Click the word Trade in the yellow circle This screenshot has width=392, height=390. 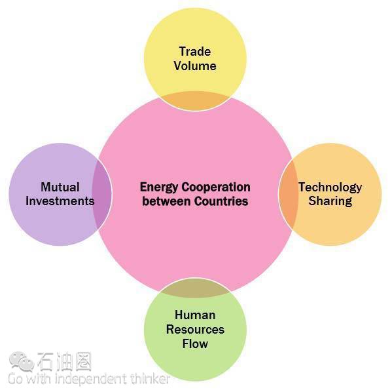195,52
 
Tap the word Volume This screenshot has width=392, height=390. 195,66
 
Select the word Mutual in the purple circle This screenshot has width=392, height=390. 60,187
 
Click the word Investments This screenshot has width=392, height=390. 60,201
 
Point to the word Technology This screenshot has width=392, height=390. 330,187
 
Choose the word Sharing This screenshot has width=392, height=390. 330,202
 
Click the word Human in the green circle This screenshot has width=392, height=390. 195,315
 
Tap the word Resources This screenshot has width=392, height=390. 195,330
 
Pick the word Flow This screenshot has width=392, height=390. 195,343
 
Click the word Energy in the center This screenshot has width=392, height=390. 159,187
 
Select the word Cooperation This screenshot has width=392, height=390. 216,187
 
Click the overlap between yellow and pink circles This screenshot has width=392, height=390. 195,101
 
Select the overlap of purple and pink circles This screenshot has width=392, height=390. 101,194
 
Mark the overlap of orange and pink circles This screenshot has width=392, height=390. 288,194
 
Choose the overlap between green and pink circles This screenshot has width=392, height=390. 195,288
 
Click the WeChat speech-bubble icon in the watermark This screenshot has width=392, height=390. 22,361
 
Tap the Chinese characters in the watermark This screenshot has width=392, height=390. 65,361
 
